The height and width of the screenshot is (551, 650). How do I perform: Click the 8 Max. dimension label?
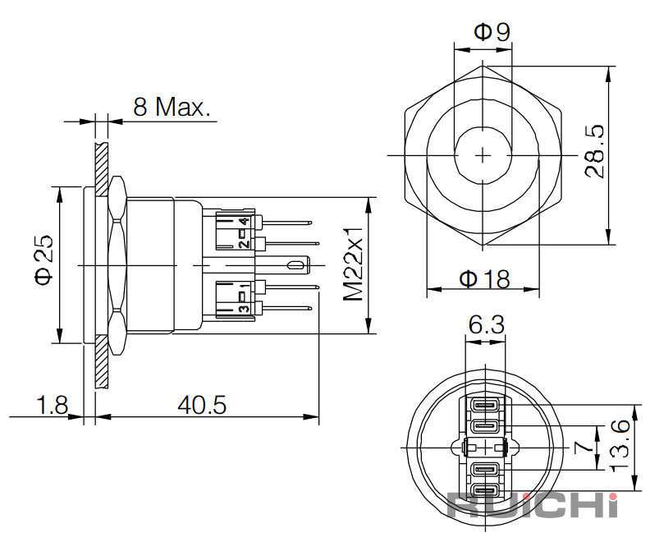click(172, 107)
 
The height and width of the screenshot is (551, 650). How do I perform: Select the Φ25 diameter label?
click(44, 260)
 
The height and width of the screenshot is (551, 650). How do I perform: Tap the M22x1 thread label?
click(353, 264)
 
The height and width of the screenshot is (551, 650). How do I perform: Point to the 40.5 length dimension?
click(202, 405)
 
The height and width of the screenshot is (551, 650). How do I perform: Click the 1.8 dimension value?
click(53, 405)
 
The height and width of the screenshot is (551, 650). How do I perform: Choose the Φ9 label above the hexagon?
click(492, 32)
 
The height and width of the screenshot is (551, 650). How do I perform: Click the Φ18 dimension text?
click(484, 279)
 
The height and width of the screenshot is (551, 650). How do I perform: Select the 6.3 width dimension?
click(487, 324)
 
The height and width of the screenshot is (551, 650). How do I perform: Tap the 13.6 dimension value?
click(620, 446)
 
